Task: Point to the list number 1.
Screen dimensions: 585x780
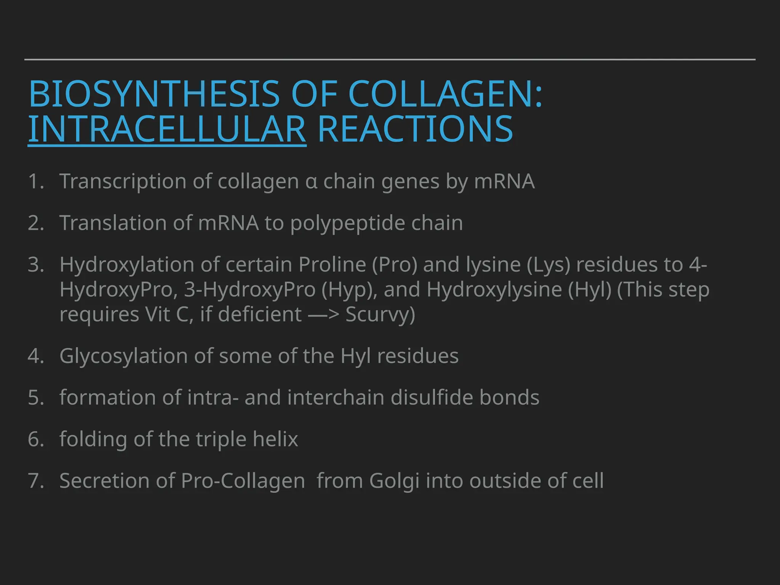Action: pos(35,181)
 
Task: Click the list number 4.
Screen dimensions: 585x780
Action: pos(35,356)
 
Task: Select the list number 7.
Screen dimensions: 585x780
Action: pos(35,481)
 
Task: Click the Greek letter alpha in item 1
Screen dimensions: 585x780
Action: pos(311,182)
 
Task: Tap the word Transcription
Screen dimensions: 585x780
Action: pos(122,181)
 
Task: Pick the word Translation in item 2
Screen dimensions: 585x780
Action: pos(113,223)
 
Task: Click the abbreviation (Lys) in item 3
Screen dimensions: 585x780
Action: pos(549,265)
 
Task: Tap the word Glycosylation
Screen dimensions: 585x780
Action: pos(123,356)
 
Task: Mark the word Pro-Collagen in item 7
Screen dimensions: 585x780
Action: pos(243,481)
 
